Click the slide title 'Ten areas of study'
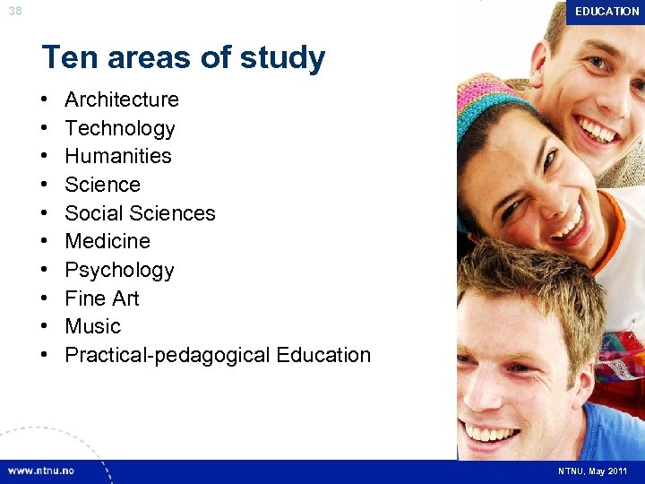184,58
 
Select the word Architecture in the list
122,99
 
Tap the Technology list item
120,128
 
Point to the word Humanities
118,156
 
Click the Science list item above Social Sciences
103,185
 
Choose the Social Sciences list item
141,213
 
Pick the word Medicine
107,241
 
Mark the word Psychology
119,270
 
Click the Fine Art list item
102,298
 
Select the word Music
93,326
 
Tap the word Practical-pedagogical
168,355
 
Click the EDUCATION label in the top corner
606,12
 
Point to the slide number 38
14,12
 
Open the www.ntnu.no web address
41,471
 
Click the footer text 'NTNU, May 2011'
592,471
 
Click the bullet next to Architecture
45,99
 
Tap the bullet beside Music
45,326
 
